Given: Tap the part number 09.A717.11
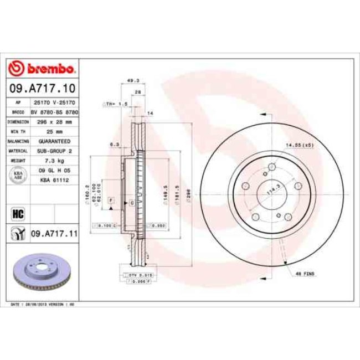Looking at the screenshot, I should tap(54, 234).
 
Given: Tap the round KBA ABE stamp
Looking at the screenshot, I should tap(17, 174).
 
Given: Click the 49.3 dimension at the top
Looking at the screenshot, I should tap(133, 81).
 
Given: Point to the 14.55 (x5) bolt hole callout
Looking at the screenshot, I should tap(299, 145).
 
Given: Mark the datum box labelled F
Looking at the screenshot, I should tap(111, 199).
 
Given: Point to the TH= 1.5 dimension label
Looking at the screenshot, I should tap(115, 104).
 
